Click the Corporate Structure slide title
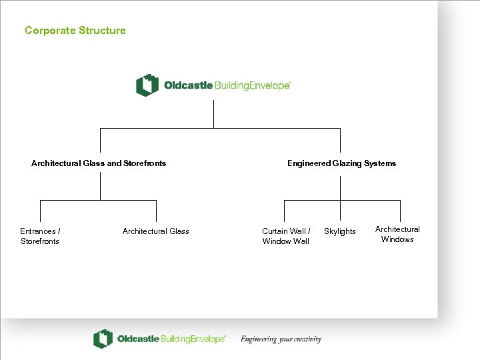[75, 30]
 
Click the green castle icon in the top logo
[147, 85]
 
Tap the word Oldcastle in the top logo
[188, 85]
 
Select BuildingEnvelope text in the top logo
[252, 85]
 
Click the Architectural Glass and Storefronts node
[99, 163]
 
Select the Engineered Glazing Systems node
[341, 163]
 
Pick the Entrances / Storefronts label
[40, 236]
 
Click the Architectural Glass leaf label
[155, 231]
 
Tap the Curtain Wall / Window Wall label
[286, 236]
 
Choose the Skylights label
[340, 231]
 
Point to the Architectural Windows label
[397, 234]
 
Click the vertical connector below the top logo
[213, 113]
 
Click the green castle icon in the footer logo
[102, 339]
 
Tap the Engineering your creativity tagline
[281, 339]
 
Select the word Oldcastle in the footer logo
[138, 339]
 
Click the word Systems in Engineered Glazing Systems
[380, 163]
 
